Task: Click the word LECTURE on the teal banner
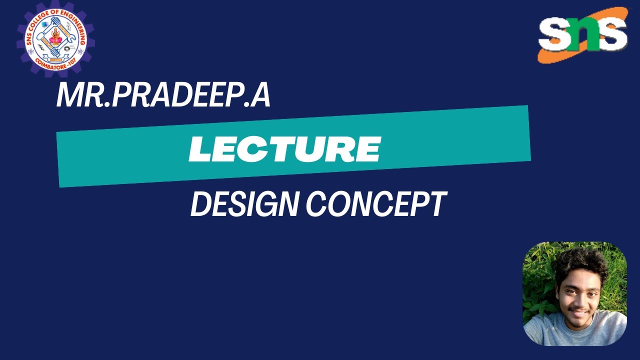click(284, 148)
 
